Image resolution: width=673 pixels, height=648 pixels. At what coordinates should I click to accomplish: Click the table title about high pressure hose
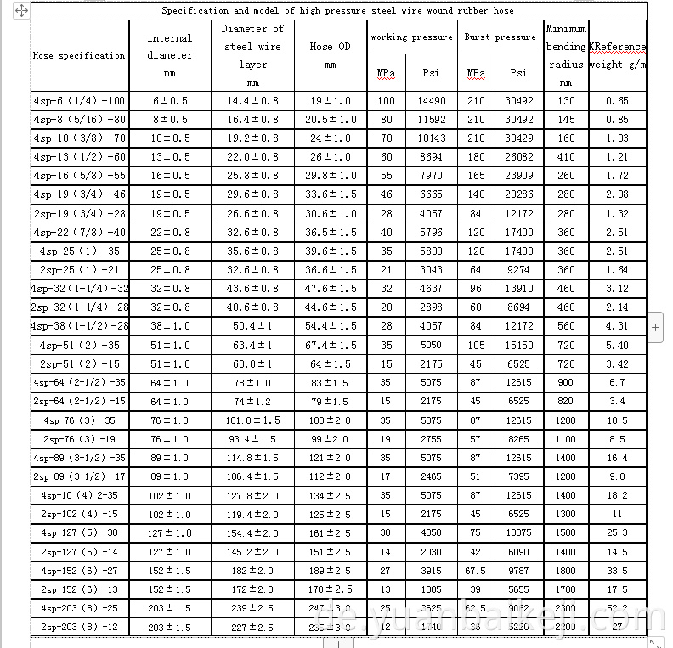tap(337, 11)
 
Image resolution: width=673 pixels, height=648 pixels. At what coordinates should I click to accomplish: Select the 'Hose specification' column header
tap(79, 55)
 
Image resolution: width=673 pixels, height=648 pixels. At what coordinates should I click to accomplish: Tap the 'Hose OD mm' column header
tap(331, 55)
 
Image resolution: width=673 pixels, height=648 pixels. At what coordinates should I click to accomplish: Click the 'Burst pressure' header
tap(500, 37)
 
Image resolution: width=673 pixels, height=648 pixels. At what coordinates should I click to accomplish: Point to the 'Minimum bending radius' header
tap(566, 55)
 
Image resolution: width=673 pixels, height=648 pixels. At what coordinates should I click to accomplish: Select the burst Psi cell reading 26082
tap(518, 157)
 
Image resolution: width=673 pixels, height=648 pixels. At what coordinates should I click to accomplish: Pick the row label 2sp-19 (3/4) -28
tap(79, 214)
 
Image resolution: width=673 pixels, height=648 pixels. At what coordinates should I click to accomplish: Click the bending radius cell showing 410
tap(566, 157)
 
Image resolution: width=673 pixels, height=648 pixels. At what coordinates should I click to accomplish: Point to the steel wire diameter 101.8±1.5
tap(252, 420)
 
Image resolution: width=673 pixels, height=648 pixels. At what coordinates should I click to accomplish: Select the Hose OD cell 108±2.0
tap(331, 420)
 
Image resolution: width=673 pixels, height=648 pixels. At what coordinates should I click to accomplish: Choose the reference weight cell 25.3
tap(617, 533)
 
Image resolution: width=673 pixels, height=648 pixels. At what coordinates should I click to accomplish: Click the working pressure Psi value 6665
tap(431, 195)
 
